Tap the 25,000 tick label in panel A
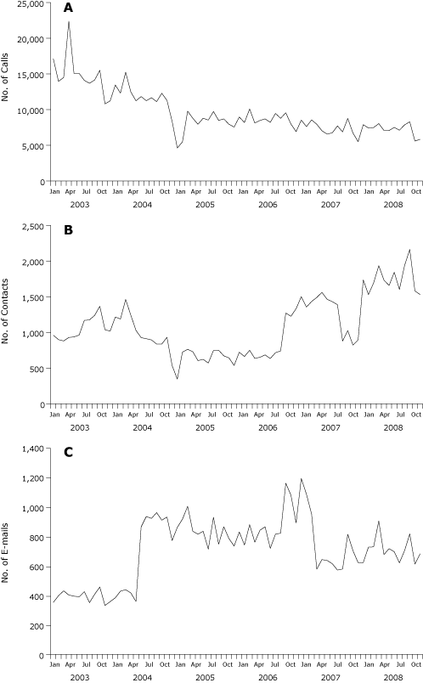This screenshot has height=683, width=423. (x=31, y=4)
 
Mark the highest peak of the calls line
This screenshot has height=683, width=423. (x=69, y=20)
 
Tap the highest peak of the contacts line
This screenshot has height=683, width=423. (x=409, y=250)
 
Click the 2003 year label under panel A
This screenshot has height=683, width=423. (x=79, y=205)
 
